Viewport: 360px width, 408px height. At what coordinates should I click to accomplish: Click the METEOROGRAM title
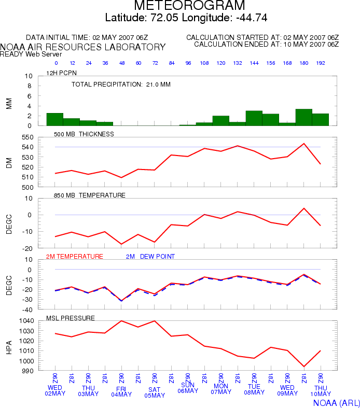point(189,5)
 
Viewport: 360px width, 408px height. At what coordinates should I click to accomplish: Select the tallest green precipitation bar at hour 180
point(304,117)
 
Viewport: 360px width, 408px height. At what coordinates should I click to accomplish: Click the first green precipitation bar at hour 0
point(55,119)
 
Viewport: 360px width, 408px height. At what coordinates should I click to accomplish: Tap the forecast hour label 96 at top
point(188,63)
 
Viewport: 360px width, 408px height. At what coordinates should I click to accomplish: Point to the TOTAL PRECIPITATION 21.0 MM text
point(121,85)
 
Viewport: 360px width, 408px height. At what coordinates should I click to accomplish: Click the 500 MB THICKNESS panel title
point(84,134)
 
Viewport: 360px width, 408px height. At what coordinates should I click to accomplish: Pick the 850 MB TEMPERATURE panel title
point(90,195)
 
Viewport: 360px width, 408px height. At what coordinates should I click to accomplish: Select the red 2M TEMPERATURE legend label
point(75,256)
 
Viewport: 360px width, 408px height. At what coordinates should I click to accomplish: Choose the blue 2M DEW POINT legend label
point(150,256)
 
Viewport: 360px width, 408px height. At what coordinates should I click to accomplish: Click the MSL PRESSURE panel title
point(71,318)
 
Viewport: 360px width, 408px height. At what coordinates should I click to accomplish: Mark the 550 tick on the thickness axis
point(28,137)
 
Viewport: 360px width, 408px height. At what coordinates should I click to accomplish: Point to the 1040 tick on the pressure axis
point(26,321)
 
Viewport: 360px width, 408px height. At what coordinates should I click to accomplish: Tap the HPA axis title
point(9,347)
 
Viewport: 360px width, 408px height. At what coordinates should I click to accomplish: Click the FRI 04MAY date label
point(121,391)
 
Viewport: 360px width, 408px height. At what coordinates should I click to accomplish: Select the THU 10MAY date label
point(321,391)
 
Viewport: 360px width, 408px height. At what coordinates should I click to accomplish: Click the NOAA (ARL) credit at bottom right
point(336,403)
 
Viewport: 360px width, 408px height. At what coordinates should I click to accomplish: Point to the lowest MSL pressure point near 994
point(304,367)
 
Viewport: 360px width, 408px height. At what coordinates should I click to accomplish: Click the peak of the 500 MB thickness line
point(304,144)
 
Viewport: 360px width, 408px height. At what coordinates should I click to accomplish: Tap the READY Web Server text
point(31,54)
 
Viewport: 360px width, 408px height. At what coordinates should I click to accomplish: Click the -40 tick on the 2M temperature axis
point(27,310)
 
